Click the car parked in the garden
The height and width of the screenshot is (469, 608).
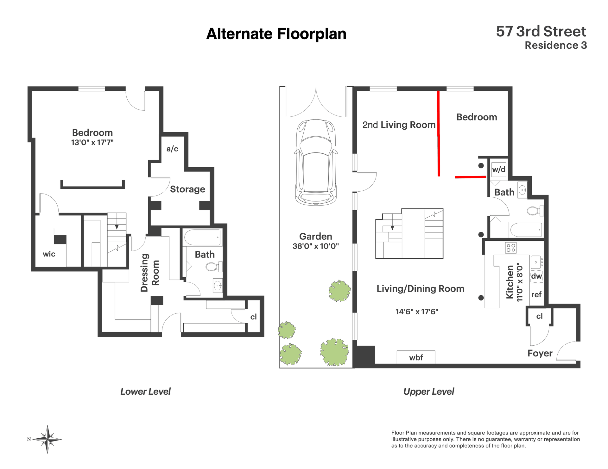316,162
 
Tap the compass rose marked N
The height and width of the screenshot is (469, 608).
47,439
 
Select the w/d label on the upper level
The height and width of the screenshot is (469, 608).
499,169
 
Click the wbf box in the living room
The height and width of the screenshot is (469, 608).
416,357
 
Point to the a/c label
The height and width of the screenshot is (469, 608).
172,149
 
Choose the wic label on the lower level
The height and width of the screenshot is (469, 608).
49,254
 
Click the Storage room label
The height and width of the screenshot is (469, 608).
187,189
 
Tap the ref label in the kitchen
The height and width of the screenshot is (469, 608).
536,294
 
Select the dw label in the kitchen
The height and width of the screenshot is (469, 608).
536,276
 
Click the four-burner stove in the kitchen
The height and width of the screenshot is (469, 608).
511,248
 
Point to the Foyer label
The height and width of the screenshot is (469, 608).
540,353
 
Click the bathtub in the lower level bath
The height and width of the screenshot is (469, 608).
202,237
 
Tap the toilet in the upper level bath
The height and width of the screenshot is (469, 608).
535,211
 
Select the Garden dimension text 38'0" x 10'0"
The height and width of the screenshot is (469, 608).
316,246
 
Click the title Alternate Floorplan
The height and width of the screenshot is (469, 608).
276,34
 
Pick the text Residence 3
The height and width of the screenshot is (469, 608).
556,45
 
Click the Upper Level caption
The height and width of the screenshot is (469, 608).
429,392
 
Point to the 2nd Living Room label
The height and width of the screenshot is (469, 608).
399,125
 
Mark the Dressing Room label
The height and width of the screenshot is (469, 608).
150,273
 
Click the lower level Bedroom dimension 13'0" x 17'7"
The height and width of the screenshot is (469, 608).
92,142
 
